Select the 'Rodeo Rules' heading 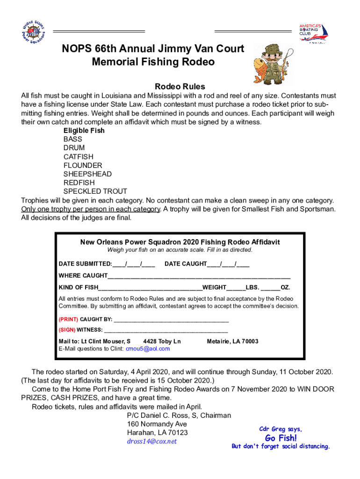point(180,87)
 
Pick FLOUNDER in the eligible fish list point(83,165)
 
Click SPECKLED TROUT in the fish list point(95,191)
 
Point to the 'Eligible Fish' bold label point(84,131)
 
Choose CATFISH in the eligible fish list point(79,157)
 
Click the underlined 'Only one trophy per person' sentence point(91,209)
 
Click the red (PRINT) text point(68,319)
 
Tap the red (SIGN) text point(67,330)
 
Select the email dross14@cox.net point(152,441)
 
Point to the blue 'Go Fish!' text point(281,438)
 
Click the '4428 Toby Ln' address point(162,341)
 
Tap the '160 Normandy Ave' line point(154,424)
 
